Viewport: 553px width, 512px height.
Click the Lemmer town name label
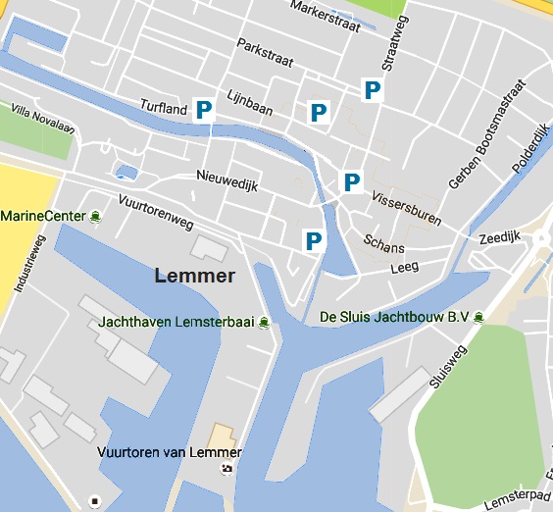coord(195,276)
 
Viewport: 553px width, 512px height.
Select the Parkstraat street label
coord(265,53)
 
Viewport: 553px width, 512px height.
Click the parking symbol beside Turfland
coord(204,109)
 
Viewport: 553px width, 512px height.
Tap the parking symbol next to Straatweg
coord(372,90)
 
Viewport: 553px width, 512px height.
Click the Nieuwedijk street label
coord(226,180)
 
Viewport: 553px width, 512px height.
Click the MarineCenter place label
coord(43,216)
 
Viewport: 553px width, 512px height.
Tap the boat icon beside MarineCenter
coord(95,216)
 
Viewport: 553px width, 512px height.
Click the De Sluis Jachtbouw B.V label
coord(395,317)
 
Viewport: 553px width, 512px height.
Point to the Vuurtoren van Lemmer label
coord(170,452)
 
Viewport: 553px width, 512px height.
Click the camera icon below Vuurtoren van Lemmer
coord(227,468)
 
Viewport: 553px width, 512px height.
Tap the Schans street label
coord(383,241)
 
